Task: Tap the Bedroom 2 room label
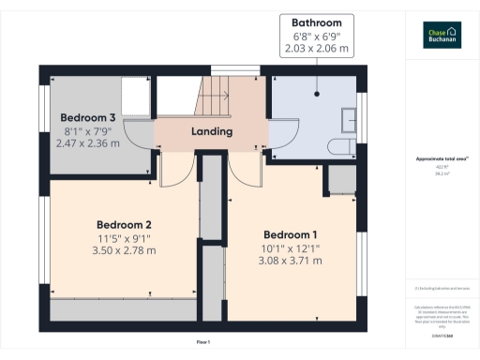[x=125, y=225]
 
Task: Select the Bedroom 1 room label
[x=291, y=234]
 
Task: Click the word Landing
[x=212, y=132]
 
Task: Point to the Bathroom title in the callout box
[x=316, y=22]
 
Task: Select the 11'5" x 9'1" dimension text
[x=125, y=238]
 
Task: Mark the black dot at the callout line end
[x=316, y=93]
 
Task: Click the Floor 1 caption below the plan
[x=202, y=342]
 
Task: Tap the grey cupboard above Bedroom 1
[x=340, y=180]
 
